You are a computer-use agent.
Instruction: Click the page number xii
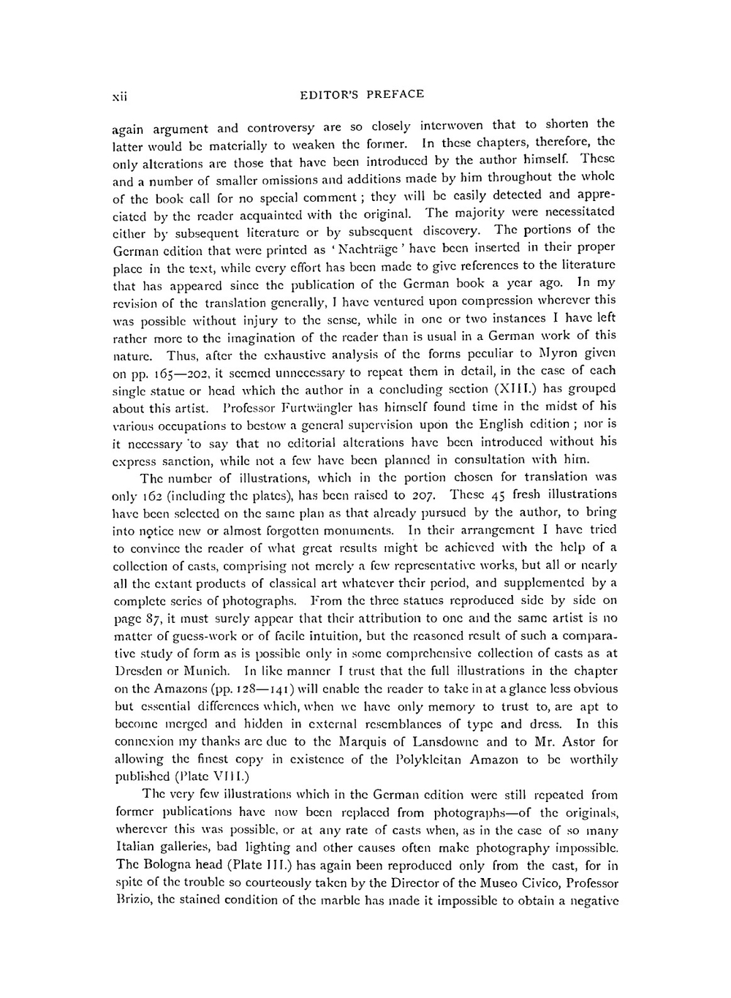[118, 95]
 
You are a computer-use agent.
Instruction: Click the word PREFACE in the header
[395, 94]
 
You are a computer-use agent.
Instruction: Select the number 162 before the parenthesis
[149, 495]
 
